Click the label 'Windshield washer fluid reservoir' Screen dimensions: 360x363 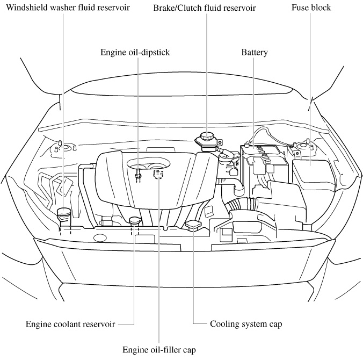click(67, 8)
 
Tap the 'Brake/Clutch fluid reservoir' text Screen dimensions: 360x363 click(204, 8)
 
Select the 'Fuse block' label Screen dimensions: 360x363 click(311, 8)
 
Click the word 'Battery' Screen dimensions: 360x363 click(254, 52)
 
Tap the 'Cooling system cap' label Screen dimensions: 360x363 click(246, 325)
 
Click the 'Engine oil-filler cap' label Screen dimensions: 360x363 click(159, 350)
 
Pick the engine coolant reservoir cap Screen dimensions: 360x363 click(135, 220)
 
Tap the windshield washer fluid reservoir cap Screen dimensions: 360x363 click(64, 211)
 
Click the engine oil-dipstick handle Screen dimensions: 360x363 click(139, 174)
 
